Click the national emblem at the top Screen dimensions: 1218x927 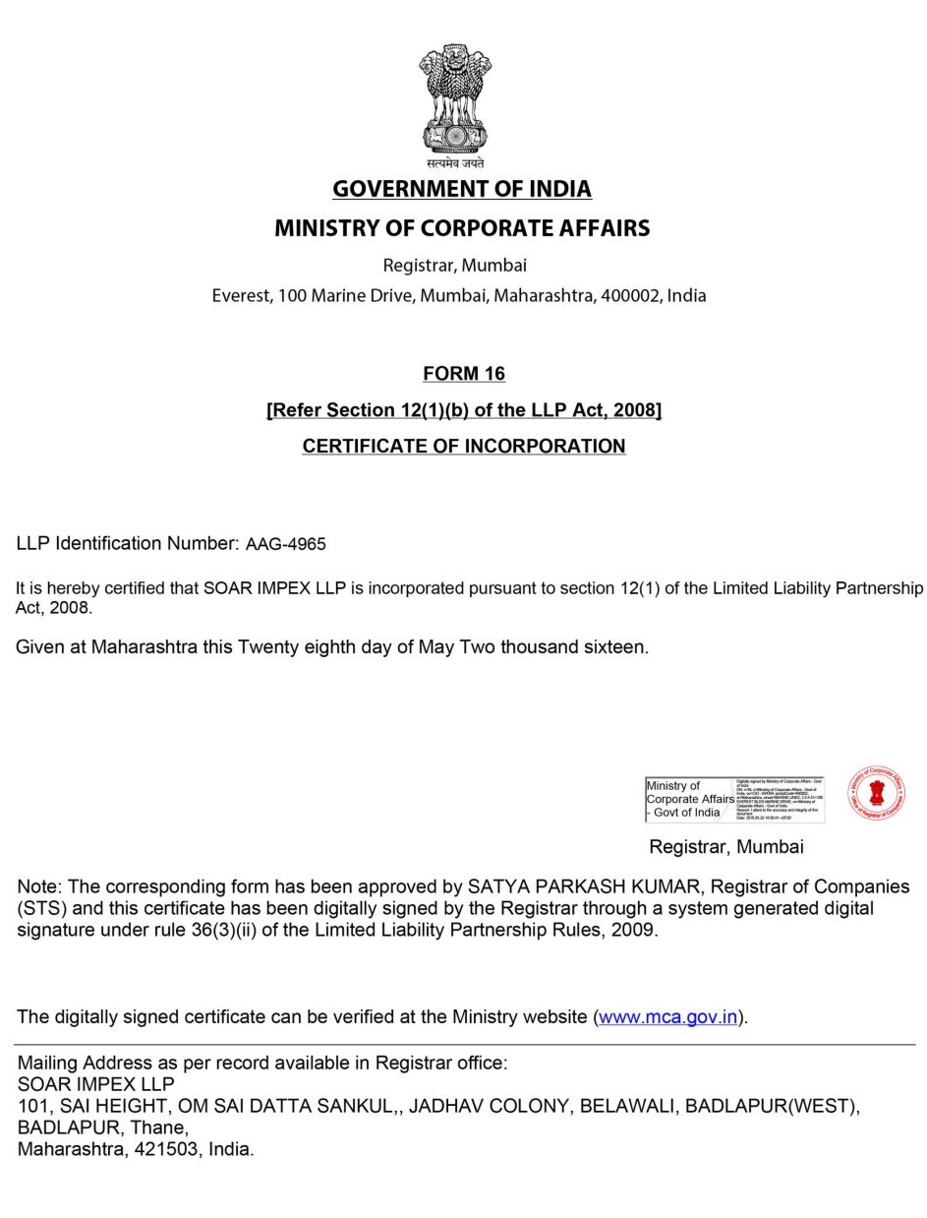pyautogui.click(x=455, y=98)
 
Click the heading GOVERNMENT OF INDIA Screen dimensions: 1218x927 pyautogui.click(x=462, y=189)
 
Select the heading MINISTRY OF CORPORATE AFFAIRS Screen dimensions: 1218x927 pyautogui.click(x=462, y=228)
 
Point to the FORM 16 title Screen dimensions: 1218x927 pyautogui.click(x=464, y=374)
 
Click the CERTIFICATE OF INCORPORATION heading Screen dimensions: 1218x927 pyautogui.click(x=464, y=447)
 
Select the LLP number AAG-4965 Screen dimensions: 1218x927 pyautogui.click(x=286, y=544)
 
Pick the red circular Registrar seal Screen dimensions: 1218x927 pyautogui.click(x=877, y=795)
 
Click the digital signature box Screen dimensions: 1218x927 pyautogui.click(x=734, y=799)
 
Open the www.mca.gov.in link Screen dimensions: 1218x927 pyautogui.click(x=668, y=1017)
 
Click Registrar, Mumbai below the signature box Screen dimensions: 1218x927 pyautogui.click(x=726, y=847)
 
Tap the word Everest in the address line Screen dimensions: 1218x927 pyautogui.click(x=240, y=295)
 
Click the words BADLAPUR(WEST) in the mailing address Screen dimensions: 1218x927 pyautogui.click(x=773, y=1106)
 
